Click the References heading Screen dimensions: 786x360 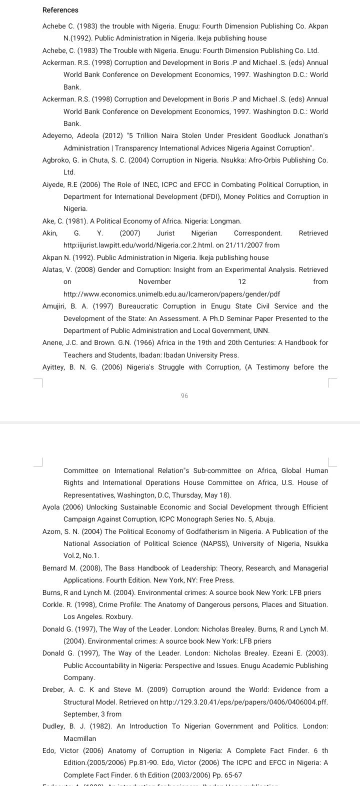[60, 10]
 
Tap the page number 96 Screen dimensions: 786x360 [184, 395]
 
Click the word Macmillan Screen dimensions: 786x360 [80, 738]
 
